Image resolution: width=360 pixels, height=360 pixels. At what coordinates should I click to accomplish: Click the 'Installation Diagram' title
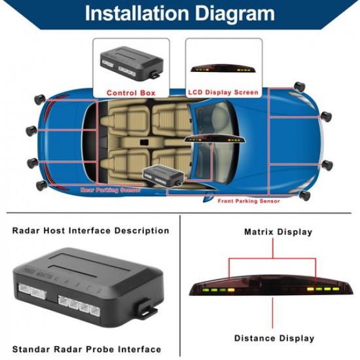tap(180, 13)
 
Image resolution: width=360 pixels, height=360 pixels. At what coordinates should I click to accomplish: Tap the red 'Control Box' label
tap(131, 93)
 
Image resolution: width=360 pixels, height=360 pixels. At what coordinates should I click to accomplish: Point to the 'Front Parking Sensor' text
tap(249, 201)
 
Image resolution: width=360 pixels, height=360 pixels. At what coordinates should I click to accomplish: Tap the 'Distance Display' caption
tap(274, 338)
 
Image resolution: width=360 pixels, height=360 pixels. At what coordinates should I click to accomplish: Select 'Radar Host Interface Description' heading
tap(90, 230)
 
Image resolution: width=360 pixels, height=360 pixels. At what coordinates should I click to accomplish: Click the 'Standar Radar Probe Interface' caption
tap(86, 349)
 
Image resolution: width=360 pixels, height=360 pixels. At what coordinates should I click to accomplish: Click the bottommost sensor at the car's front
tap(303, 195)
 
